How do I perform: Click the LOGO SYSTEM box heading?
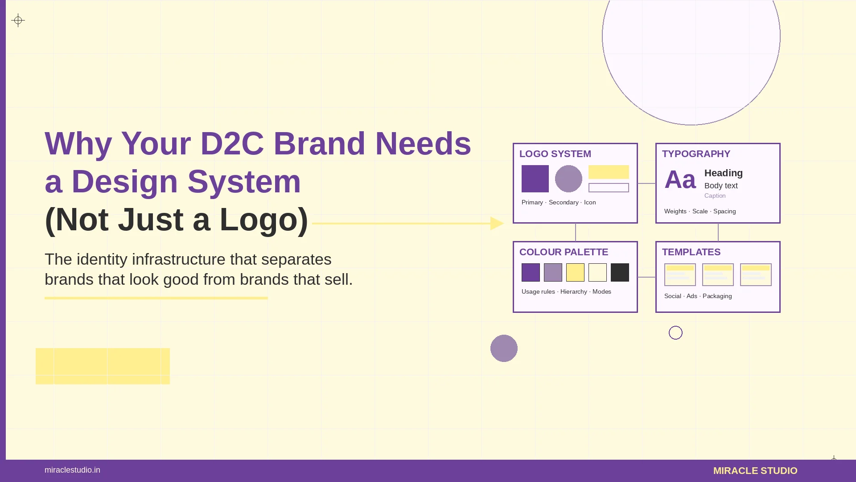click(555, 154)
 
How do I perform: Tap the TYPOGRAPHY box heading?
click(696, 154)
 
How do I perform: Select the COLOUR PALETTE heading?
click(564, 252)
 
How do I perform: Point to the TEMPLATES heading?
click(691, 252)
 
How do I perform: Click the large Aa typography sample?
click(680, 180)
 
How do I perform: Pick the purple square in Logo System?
click(535, 179)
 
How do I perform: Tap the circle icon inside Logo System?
click(568, 179)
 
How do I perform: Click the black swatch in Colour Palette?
click(620, 272)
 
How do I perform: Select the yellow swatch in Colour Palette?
click(575, 272)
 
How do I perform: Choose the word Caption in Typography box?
click(715, 196)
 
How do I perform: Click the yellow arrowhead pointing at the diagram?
click(497, 223)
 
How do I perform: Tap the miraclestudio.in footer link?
click(72, 470)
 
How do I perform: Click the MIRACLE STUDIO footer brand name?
click(755, 471)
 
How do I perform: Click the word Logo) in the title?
click(263, 220)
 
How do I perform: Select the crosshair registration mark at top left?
click(18, 20)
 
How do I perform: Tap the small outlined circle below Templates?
click(675, 332)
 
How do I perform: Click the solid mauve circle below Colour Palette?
click(504, 348)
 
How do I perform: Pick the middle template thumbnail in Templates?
click(718, 274)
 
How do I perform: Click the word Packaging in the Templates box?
click(717, 296)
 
